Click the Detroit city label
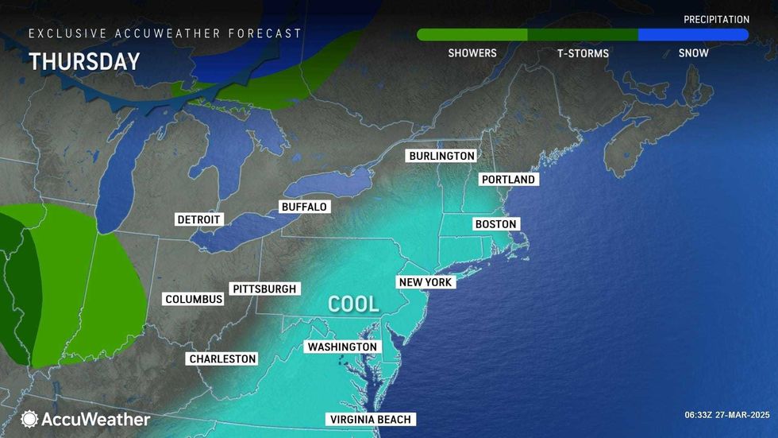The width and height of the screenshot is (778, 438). (199, 219)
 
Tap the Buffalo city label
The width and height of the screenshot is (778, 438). (304, 207)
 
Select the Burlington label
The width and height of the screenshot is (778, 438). (441, 156)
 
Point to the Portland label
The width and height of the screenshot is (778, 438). (509, 180)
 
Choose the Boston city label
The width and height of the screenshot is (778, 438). (496, 224)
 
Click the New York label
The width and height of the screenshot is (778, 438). (426, 282)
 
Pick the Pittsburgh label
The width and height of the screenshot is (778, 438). (264, 289)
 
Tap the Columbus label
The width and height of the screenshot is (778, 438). (194, 300)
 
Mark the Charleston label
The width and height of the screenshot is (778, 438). (222, 359)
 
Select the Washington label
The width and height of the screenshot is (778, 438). (342, 347)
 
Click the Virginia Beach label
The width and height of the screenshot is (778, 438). (371, 420)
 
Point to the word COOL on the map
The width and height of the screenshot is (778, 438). (354, 304)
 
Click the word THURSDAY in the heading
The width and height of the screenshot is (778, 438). (84, 62)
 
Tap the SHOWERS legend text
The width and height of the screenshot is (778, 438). (472, 53)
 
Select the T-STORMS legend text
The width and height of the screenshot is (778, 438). (583, 53)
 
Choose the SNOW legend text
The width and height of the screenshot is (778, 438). (694, 53)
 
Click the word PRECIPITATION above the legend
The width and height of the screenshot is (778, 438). (716, 19)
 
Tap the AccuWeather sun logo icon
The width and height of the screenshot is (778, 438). (29, 419)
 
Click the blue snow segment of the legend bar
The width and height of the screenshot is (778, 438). (693, 35)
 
